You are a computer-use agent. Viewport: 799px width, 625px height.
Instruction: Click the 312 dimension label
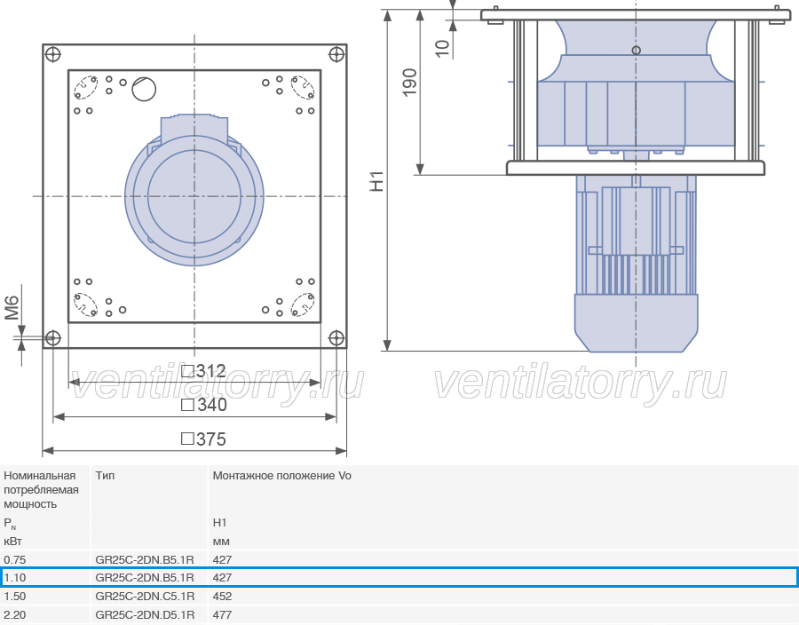(x=204, y=370)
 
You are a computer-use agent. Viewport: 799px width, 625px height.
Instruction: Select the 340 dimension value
(x=204, y=405)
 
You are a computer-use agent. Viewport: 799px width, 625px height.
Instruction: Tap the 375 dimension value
(x=204, y=439)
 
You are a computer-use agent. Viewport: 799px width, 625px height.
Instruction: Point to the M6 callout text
(x=12, y=308)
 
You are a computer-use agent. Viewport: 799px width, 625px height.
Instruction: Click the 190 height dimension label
(x=409, y=83)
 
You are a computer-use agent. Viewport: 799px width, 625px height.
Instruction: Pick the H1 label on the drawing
(x=376, y=181)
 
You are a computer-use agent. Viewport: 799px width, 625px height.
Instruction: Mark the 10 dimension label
(x=442, y=49)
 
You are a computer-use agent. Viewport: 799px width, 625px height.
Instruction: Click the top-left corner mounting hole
(x=53, y=54)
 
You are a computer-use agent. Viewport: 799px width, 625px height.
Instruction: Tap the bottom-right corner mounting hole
(x=336, y=337)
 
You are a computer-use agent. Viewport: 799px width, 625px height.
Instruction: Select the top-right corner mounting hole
(x=336, y=54)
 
